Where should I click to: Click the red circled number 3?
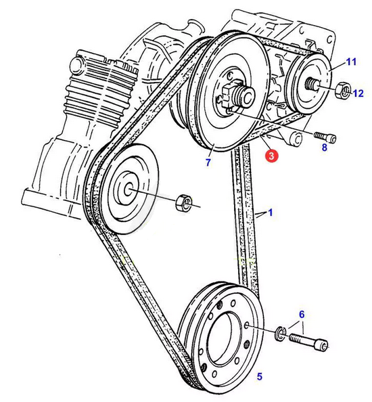click(272, 156)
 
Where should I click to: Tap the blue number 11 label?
click(351, 62)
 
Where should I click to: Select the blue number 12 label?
click(358, 93)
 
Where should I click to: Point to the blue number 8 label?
click(325, 148)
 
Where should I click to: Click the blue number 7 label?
click(208, 162)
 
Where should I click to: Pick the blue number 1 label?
click(271, 213)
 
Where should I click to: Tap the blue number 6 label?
click(302, 314)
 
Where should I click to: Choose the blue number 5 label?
click(260, 376)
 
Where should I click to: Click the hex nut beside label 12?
click(342, 90)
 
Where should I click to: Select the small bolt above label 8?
click(325, 137)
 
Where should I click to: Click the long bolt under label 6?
click(308, 342)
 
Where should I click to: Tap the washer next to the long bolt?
click(280, 334)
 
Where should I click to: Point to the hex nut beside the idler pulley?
click(183, 202)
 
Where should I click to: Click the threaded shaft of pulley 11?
click(312, 84)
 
